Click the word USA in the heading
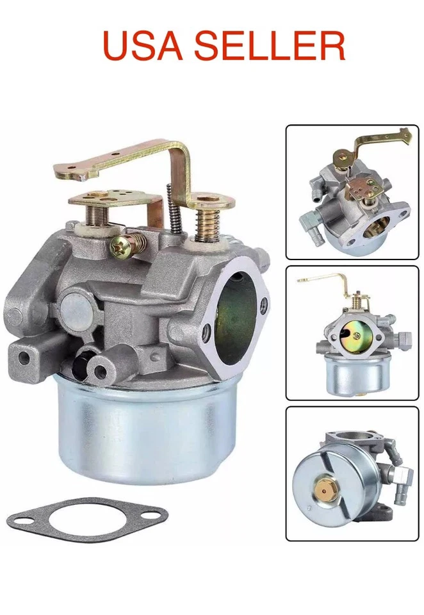(143, 45)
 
